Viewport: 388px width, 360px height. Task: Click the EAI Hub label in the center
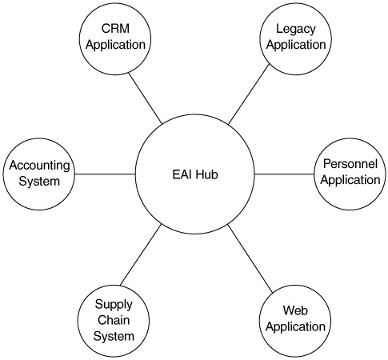point(195,174)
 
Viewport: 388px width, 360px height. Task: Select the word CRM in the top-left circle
point(115,29)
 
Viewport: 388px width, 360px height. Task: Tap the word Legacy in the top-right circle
point(296,30)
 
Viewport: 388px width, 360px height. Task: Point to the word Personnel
point(350,164)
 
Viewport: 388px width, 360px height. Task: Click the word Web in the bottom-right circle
point(295,310)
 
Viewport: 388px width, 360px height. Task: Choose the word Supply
point(114,305)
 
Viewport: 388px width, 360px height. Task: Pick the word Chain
point(114,320)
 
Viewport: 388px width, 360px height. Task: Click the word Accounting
point(39,166)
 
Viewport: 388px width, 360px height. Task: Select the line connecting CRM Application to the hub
point(145,98)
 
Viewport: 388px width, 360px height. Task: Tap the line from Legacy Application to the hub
point(249,94)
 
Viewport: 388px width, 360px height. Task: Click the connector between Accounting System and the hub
point(105,174)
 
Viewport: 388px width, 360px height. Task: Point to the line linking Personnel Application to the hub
point(284,174)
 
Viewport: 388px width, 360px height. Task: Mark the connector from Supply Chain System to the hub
point(141,255)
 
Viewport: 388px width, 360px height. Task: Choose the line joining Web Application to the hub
point(250,259)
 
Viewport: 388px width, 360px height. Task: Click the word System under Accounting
point(39,182)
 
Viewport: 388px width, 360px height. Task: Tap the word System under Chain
point(114,337)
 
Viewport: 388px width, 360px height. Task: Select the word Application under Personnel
point(350,180)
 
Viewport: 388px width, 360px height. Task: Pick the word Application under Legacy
point(296,45)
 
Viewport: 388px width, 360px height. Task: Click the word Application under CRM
point(115,45)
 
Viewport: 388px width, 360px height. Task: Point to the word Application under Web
point(295,327)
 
